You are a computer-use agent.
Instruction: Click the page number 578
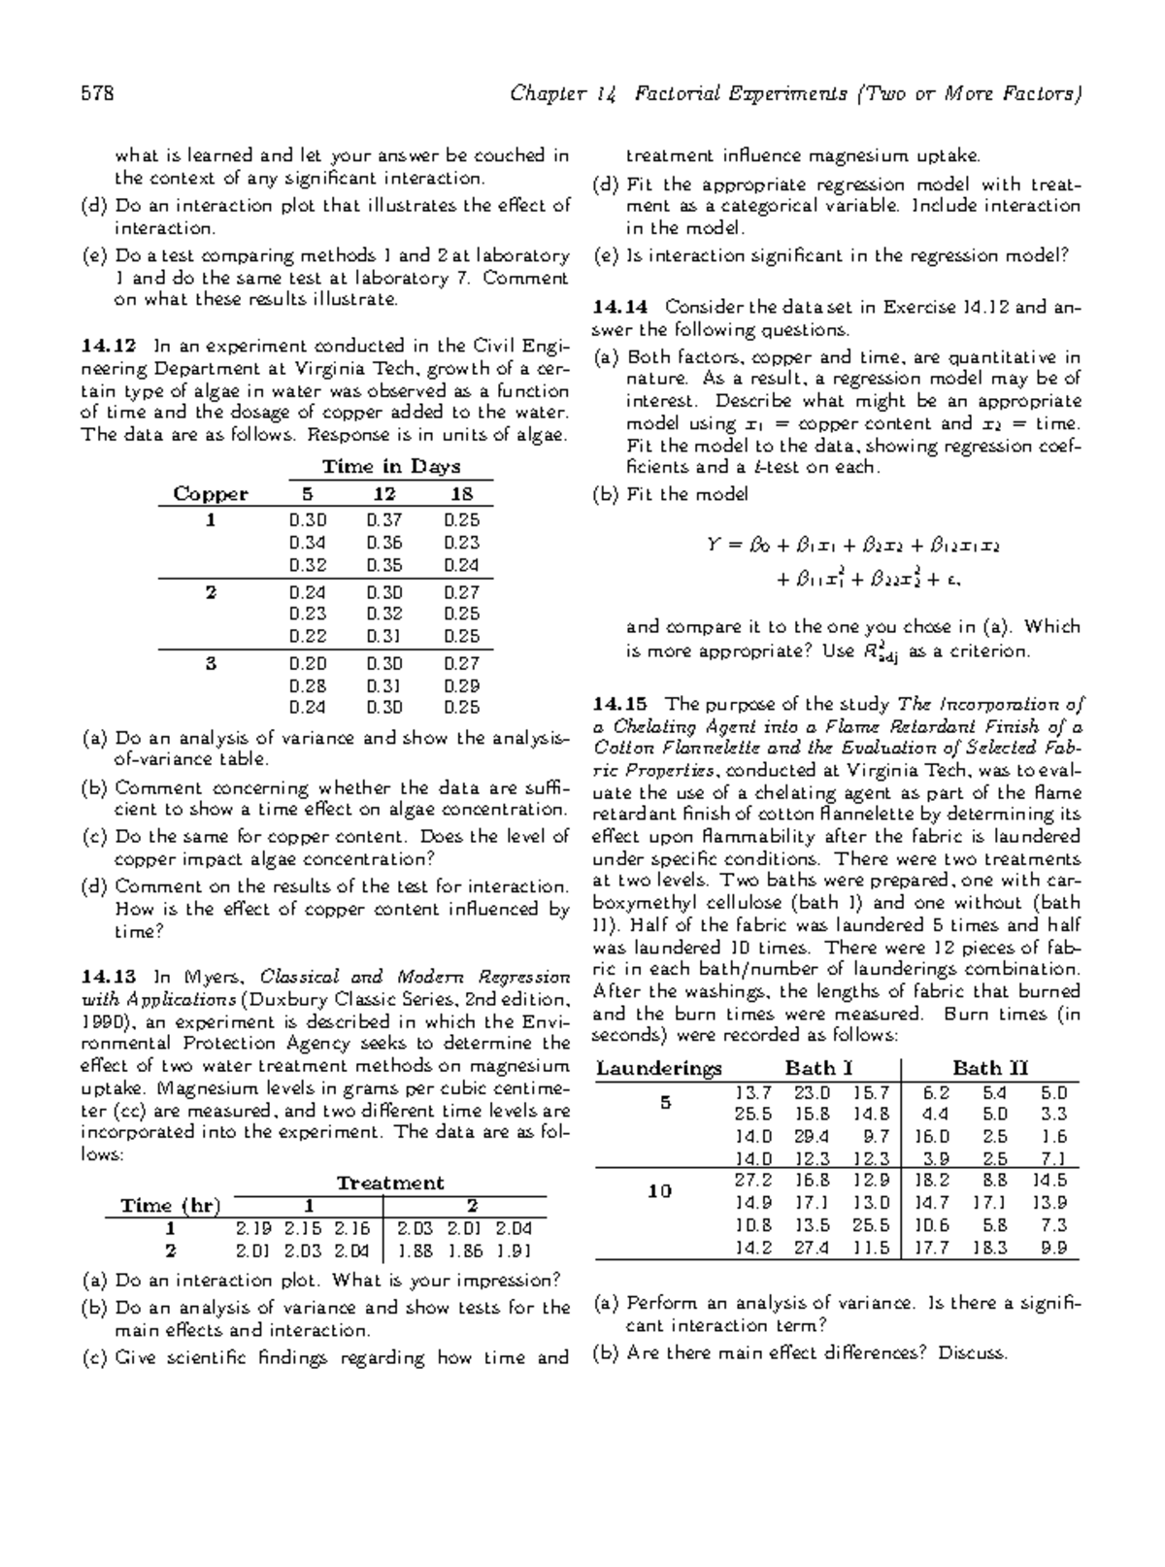coord(98,94)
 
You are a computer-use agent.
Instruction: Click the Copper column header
coord(211,494)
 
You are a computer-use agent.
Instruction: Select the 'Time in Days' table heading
coord(391,467)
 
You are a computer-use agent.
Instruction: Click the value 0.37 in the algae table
coord(384,520)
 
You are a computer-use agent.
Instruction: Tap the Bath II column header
coord(989,1069)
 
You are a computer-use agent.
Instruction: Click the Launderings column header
coord(659,1069)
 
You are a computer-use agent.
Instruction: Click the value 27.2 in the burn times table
coord(753,1182)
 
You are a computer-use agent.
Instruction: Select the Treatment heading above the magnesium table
coord(389,1184)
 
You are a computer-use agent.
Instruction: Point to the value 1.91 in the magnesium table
coord(513,1251)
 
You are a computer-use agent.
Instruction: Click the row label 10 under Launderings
coord(659,1192)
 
